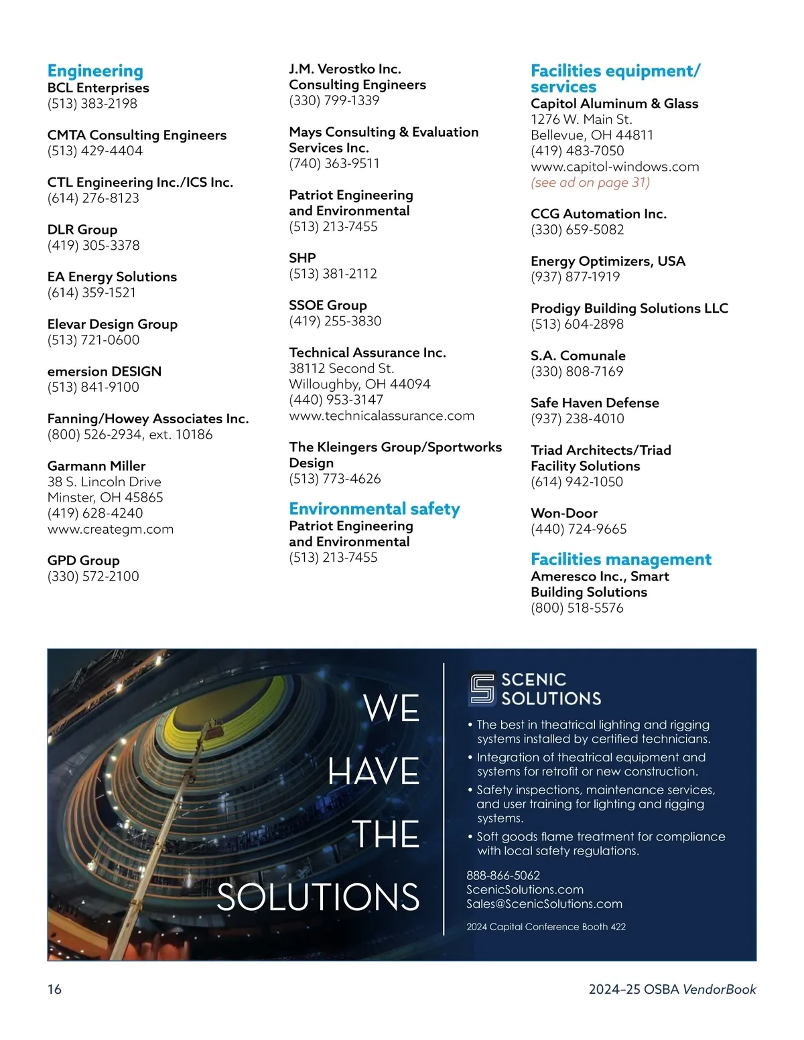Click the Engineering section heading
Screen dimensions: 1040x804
pos(95,71)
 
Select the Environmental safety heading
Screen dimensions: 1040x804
pos(374,509)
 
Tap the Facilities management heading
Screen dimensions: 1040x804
pos(620,559)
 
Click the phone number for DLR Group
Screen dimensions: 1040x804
pos(93,245)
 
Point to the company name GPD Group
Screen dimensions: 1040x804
pos(83,561)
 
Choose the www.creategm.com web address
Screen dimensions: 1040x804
pos(110,529)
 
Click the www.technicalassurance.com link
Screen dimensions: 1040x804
pos(381,416)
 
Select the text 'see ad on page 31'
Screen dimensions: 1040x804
pos(590,182)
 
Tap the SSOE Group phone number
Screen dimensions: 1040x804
pos(335,321)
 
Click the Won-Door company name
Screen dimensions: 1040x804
pos(563,513)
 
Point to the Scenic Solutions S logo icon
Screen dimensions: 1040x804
pos(482,688)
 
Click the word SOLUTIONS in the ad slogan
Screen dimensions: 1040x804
pos(318,897)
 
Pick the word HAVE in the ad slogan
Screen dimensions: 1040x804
pos(373,771)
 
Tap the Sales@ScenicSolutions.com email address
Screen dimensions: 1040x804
pos(544,904)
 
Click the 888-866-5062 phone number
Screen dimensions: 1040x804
pos(503,875)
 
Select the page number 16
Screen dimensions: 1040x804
pos(54,989)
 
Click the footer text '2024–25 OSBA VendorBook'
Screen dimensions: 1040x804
pos(672,989)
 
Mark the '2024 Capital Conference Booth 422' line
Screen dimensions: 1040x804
pos(546,927)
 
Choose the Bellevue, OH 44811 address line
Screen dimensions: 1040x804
pos(592,135)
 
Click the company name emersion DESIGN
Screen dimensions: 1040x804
pos(104,371)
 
